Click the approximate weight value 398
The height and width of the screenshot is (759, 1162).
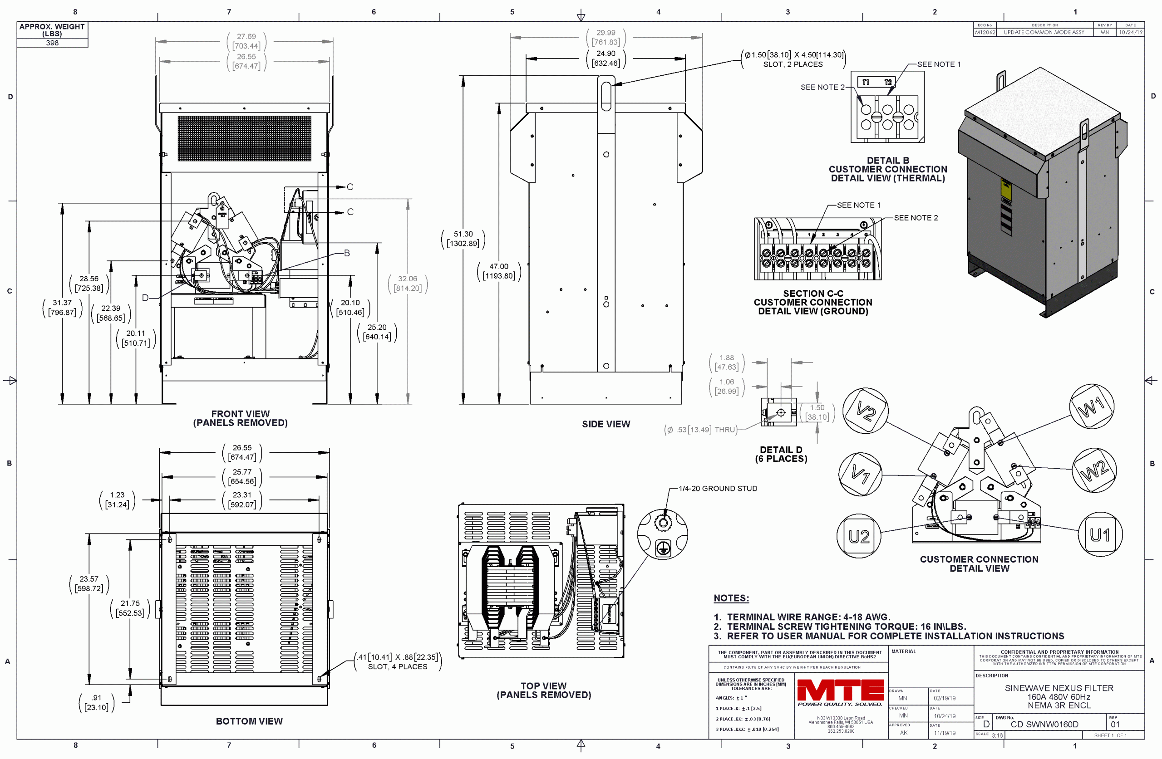coord(52,43)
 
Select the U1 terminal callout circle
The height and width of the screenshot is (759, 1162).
coord(1100,535)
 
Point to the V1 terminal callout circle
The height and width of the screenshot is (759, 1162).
coord(860,474)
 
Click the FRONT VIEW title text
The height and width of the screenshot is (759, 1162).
coord(240,414)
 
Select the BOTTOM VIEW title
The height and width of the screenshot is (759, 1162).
coord(249,721)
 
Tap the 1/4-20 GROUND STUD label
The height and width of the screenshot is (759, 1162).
coord(718,489)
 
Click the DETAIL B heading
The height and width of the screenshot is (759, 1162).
coord(887,161)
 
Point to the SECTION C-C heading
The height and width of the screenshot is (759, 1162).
coord(813,294)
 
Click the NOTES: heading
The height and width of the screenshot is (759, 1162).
coord(731,598)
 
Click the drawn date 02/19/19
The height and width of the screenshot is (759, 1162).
coord(945,698)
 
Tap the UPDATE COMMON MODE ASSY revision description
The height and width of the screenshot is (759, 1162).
coord(1044,32)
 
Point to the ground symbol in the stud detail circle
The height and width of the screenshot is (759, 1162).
coord(663,548)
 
